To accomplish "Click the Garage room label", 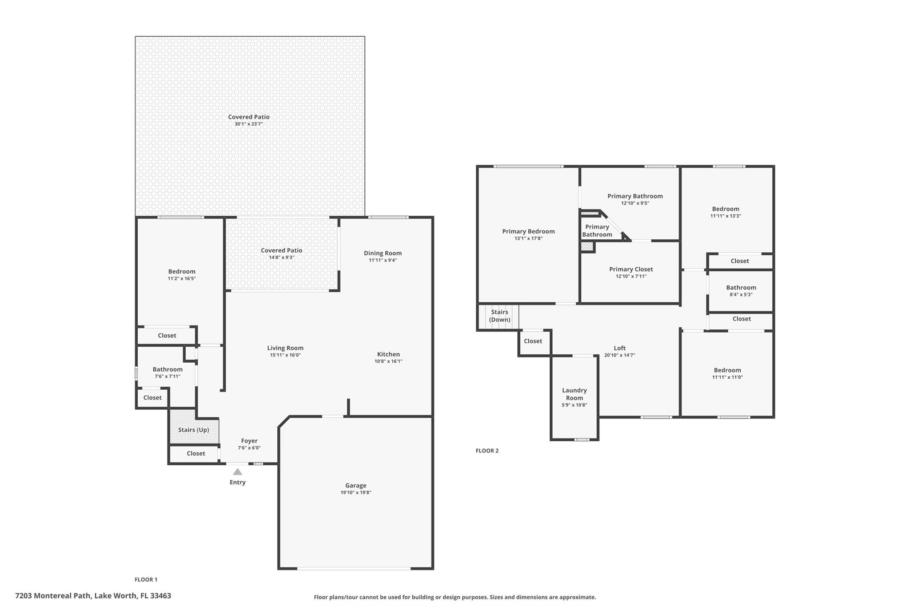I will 355,485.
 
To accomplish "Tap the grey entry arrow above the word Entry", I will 238,472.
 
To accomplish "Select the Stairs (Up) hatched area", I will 194,430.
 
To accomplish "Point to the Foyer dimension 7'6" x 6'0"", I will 249,448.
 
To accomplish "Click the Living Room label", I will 285,348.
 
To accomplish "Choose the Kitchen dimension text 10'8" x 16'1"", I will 388,361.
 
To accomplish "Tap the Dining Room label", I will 383,253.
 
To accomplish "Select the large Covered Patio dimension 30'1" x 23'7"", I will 249,124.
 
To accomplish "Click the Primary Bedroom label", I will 528,231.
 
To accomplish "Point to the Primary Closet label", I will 631,269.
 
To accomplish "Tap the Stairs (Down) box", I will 499,316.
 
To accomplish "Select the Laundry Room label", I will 575,394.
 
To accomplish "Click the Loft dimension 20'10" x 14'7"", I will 619,355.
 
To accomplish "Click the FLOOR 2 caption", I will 487,451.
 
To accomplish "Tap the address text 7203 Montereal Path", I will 53,596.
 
